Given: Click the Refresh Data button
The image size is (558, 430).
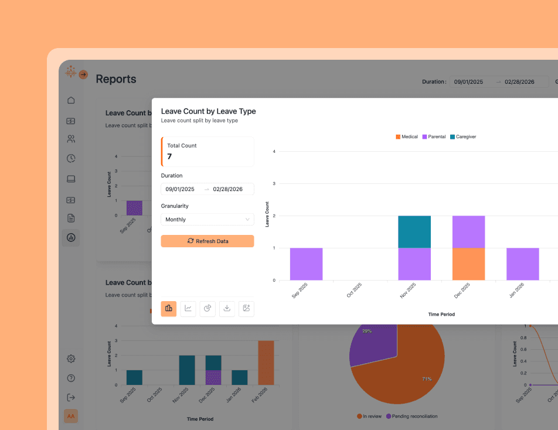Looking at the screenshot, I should coord(207,241).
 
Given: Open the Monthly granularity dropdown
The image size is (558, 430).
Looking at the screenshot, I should coord(207,220).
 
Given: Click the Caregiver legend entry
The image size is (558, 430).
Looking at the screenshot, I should coord(462,136).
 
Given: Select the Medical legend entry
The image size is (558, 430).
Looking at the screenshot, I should coord(407,136).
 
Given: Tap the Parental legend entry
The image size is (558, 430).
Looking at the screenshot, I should coord(434,136).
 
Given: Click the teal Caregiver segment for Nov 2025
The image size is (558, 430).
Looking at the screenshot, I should coord(414,231).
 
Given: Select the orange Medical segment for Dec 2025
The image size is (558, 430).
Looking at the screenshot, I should coord(468,264).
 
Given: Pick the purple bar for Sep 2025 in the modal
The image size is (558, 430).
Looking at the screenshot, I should coord(306,264).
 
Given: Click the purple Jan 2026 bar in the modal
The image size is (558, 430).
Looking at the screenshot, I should coord(522,264).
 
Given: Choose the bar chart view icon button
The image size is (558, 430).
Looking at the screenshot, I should coord(169,309).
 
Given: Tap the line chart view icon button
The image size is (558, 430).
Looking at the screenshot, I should coord(188,309).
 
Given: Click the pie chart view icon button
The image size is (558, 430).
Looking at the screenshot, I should coord(207,309).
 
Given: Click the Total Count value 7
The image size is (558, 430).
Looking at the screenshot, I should coord(169,156).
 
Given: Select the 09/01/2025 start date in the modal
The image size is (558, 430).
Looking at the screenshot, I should coord(180,189).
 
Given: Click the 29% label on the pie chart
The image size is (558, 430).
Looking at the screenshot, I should coord(367,331).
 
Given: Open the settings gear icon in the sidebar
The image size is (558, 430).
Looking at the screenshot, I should coord(71,359).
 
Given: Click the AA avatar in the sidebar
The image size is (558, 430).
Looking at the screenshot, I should coord(71,416).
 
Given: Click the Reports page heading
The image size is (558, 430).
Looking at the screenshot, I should coord(116,79).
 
